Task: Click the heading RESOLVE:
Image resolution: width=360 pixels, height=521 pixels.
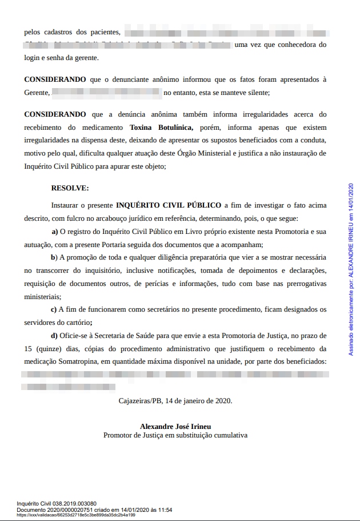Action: point(70,187)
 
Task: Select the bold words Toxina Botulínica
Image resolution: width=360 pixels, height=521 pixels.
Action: point(161,127)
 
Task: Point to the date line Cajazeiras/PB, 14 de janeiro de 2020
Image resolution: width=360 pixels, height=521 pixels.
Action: point(175,401)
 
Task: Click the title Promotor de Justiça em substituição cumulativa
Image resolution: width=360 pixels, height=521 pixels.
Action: point(175,435)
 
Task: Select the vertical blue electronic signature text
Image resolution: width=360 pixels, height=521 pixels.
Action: point(351,269)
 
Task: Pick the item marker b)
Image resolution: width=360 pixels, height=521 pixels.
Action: point(54,257)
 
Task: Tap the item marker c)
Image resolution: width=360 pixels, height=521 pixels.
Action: point(54,309)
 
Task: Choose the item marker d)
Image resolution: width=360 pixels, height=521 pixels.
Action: point(55,335)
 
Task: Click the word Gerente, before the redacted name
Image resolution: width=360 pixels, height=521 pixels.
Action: point(37,92)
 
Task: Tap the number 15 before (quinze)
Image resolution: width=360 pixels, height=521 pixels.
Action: point(28,348)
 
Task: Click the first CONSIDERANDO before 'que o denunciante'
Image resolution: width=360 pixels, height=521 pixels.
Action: point(55,79)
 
